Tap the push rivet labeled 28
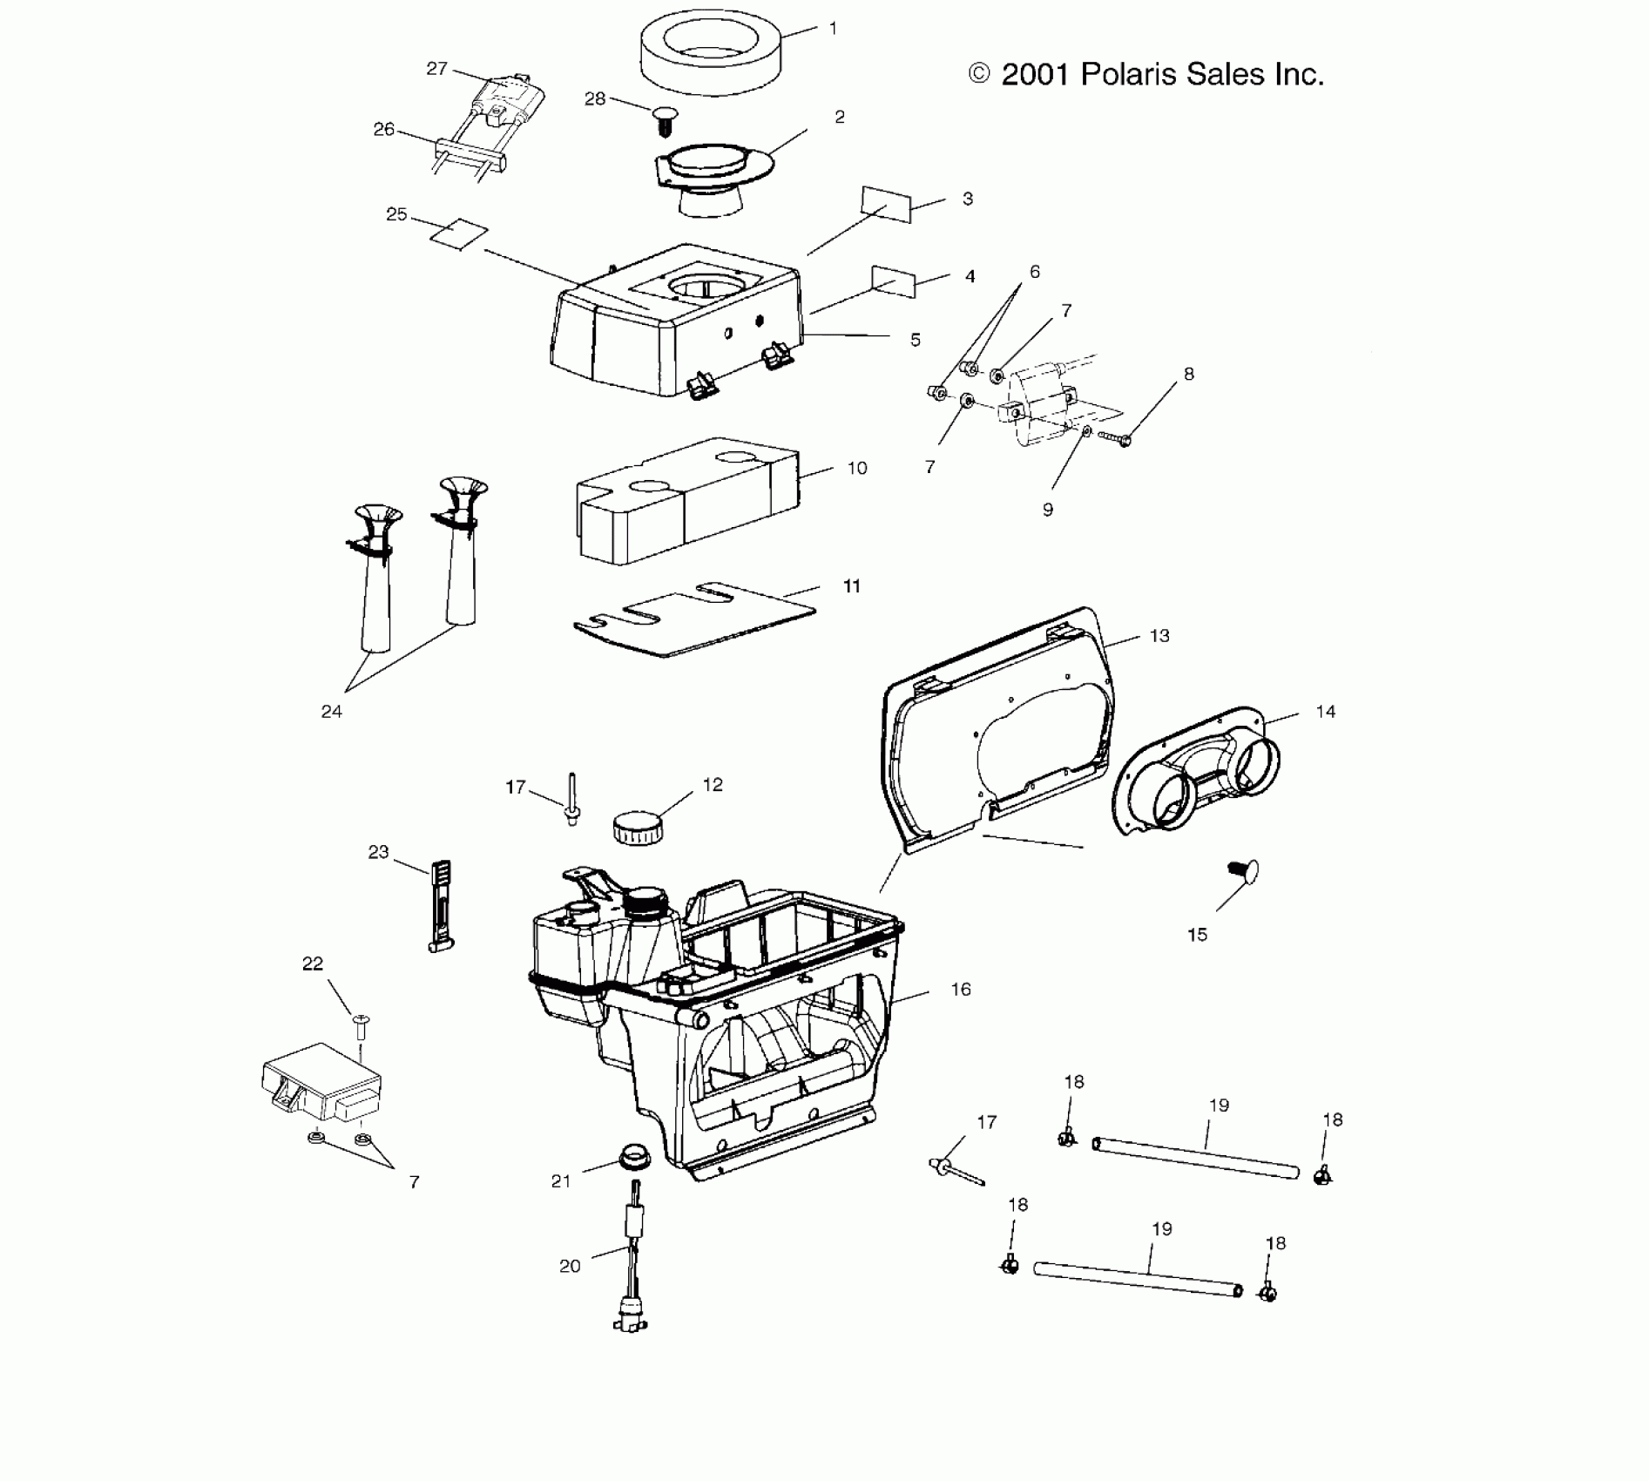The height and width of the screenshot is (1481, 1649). coord(666,119)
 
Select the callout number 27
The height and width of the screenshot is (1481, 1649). coord(436,69)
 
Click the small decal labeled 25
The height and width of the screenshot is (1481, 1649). coord(460,233)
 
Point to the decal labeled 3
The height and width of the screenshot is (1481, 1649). coord(886,204)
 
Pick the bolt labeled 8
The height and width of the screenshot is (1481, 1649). coord(1114,437)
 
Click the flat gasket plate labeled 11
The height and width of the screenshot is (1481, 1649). coord(694,618)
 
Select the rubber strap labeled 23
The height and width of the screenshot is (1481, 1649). coord(442,906)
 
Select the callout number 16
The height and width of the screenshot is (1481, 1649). coord(961,989)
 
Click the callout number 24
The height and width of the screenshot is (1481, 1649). coord(331,712)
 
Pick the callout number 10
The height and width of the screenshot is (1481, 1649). coord(857,468)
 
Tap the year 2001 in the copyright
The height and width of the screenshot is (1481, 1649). coord(1035,75)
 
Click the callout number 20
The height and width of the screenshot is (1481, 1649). coord(570,1266)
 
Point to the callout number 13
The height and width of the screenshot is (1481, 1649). coord(1159,636)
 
